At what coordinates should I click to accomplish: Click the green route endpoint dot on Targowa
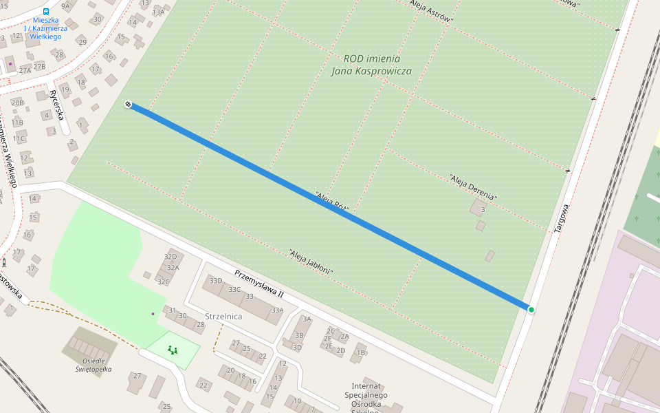pos(531,310)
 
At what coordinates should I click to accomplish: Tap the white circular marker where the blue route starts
pos(128,105)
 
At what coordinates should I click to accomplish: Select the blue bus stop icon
pos(46,12)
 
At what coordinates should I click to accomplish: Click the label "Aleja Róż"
pos(337,201)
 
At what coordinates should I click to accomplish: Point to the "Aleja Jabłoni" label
pos(311,262)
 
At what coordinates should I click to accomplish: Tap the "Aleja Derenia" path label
pos(473,187)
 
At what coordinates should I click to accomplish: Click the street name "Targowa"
pos(562,218)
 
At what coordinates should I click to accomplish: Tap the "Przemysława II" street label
pos(258,283)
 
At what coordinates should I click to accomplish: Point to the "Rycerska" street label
pos(56,104)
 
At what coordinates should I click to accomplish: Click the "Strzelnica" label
pos(223,317)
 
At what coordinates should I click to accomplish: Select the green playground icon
pos(173,350)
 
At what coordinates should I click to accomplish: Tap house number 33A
pos(277,310)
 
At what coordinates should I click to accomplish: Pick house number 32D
pos(170,257)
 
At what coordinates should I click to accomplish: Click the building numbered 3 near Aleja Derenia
pos(483,209)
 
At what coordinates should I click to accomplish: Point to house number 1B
pos(360,353)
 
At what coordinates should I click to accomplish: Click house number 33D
pos(216,281)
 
